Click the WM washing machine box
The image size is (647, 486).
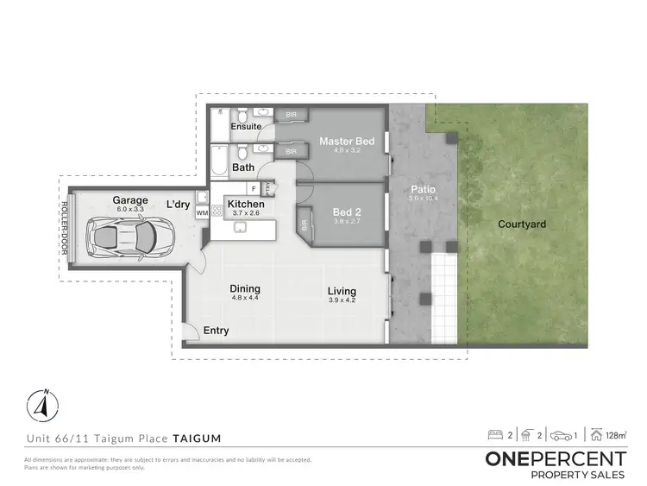[x=202, y=212]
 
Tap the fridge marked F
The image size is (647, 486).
[x=254, y=187]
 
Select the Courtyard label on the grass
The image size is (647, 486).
[x=522, y=224]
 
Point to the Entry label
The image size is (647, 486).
[x=217, y=330]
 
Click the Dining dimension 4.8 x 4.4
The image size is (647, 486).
[x=246, y=299]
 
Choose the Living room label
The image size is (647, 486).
[x=342, y=291]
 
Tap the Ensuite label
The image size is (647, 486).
[x=246, y=127]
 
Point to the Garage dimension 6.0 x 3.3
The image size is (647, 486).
[x=129, y=209]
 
